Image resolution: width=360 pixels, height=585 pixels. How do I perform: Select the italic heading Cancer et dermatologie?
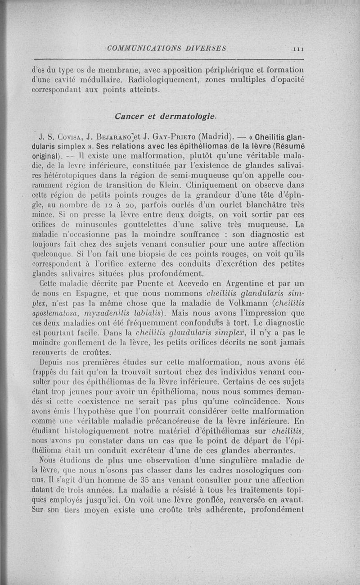[x=166, y=116]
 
